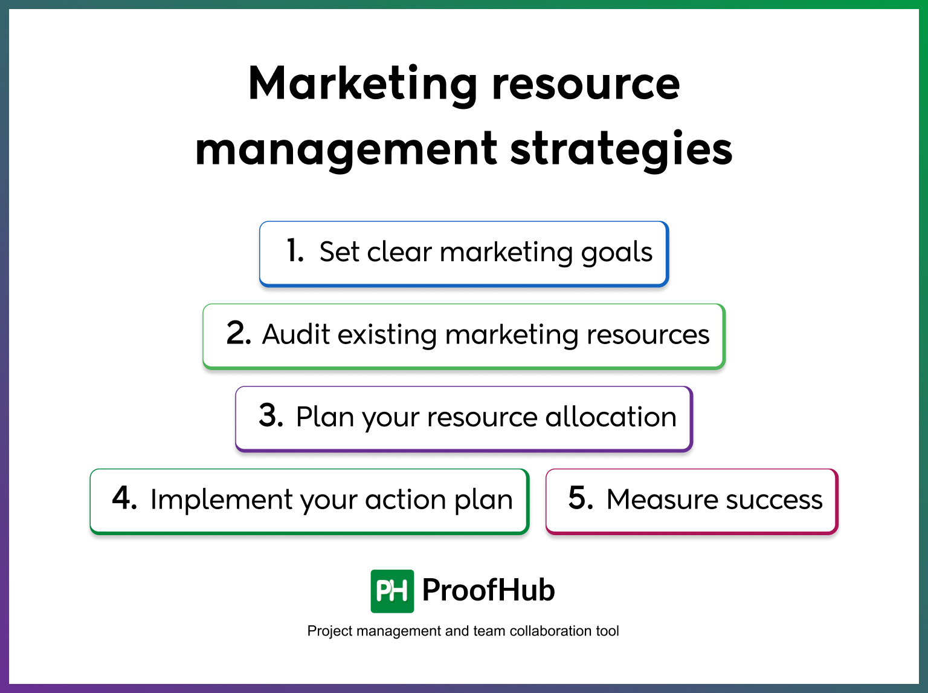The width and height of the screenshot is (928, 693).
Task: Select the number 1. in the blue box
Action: click(x=295, y=251)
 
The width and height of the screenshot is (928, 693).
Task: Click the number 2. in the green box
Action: click(x=239, y=333)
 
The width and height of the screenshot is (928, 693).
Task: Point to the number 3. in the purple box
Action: click(x=271, y=416)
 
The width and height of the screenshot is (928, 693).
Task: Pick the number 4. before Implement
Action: click(x=124, y=499)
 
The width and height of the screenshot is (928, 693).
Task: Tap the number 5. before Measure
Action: click(x=581, y=499)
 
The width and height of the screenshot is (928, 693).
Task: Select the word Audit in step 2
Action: click(x=296, y=334)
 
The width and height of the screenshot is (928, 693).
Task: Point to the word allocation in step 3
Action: click(x=610, y=417)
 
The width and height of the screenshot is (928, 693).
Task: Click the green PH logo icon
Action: click(x=392, y=591)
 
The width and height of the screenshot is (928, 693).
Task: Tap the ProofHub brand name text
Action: click(x=488, y=590)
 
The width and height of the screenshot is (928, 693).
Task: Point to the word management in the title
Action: click(x=346, y=149)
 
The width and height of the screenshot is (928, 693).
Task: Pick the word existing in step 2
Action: click(x=387, y=334)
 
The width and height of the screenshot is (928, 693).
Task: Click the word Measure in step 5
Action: click(x=662, y=500)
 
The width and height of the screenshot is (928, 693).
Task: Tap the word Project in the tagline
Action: click(x=330, y=631)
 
